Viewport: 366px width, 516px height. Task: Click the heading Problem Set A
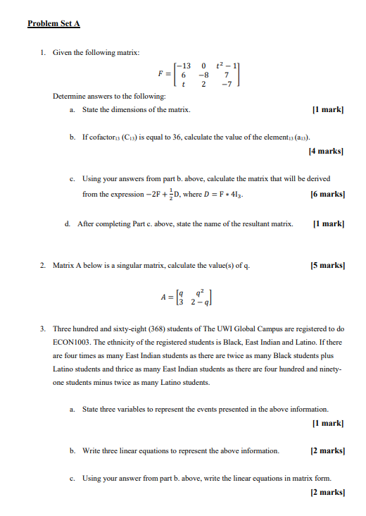[53, 23]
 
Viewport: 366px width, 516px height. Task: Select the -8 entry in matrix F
[204, 74]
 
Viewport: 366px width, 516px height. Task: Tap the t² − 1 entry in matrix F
[230, 66]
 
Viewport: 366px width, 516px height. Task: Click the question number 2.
[43, 265]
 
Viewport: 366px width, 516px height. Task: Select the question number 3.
[43, 328]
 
